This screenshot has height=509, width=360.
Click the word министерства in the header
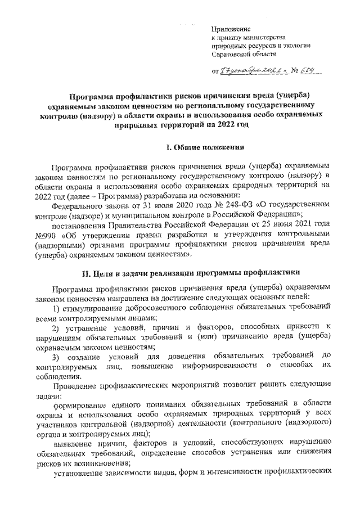(256, 37)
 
